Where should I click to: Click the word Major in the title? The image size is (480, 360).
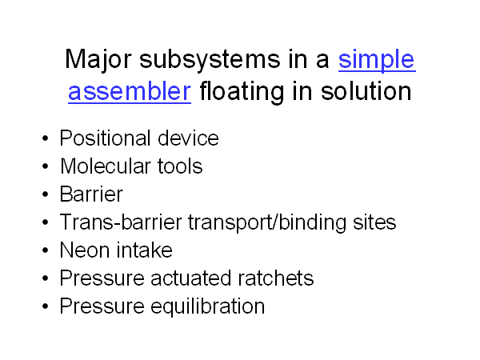point(98,59)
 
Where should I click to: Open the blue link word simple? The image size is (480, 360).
point(377,59)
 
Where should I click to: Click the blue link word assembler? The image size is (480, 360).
point(130,91)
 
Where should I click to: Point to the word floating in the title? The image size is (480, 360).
point(242,91)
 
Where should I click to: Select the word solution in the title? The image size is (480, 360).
point(366,91)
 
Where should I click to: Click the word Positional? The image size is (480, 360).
point(105,138)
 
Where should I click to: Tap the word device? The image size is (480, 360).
point(188,138)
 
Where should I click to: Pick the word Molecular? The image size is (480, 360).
point(105,166)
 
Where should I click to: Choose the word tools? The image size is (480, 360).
point(180,166)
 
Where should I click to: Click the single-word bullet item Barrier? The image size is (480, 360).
point(91,194)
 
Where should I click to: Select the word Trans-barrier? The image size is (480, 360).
point(121,222)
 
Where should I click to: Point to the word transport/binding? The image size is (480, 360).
point(267,222)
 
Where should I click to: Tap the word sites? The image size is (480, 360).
point(374,222)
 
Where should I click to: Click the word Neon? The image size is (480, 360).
point(85,250)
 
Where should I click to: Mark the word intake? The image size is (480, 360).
point(145,250)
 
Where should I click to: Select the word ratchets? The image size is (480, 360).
point(275,278)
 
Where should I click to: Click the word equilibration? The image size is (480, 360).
point(208,306)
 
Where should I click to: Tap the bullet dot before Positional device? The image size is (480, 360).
point(46,138)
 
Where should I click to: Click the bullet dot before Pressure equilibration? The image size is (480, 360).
point(46,306)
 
